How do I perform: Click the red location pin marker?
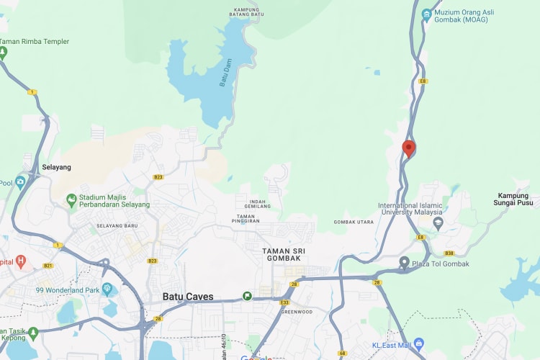pos(409,148)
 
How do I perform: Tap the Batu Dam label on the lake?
pos(226,72)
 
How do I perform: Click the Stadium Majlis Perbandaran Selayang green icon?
pos(71,199)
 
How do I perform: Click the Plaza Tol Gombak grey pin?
pos(405,264)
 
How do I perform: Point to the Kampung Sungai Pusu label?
pos(518,200)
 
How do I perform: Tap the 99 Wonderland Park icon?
pos(108,290)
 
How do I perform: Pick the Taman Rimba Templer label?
pos(34,42)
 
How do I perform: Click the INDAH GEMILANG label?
pos(259,203)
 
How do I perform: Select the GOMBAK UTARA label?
pos(353,222)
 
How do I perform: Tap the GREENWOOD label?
pos(296,312)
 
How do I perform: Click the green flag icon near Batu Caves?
pos(247,296)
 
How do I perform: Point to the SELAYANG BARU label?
pos(117,225)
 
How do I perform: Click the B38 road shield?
pos(449,253)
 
